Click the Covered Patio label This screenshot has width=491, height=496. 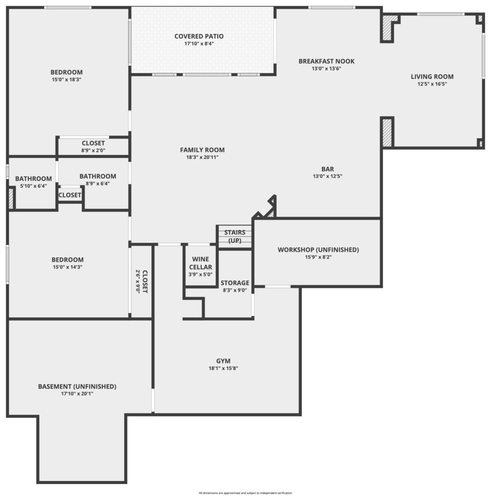(199, 36)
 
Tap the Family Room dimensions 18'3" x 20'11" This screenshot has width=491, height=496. (202, 157)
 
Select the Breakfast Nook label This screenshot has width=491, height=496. (327, 61)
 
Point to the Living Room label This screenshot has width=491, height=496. (432, 77)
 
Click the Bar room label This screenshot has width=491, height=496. (327, 169)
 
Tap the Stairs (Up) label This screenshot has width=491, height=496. (235, 236)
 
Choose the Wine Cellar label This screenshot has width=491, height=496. (201, 263)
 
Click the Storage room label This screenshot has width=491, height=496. (235, 283)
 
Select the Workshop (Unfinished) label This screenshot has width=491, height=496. (318, 249)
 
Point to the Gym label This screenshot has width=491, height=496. (223, 361)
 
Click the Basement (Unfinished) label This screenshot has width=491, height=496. (77, 387)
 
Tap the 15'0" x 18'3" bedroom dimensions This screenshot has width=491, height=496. (67, 80)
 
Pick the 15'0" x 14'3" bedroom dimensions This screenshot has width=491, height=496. (68, 267)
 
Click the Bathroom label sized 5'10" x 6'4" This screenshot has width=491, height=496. (33, 179)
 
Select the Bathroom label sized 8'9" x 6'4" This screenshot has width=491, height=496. (98, 176)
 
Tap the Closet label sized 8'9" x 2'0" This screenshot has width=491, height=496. (93, 143)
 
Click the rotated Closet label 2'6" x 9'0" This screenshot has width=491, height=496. (145, 281)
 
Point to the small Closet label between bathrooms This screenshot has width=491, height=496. (70, 195)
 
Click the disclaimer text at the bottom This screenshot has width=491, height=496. (245, 493)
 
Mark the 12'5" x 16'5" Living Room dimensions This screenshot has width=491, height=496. (432, 84)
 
